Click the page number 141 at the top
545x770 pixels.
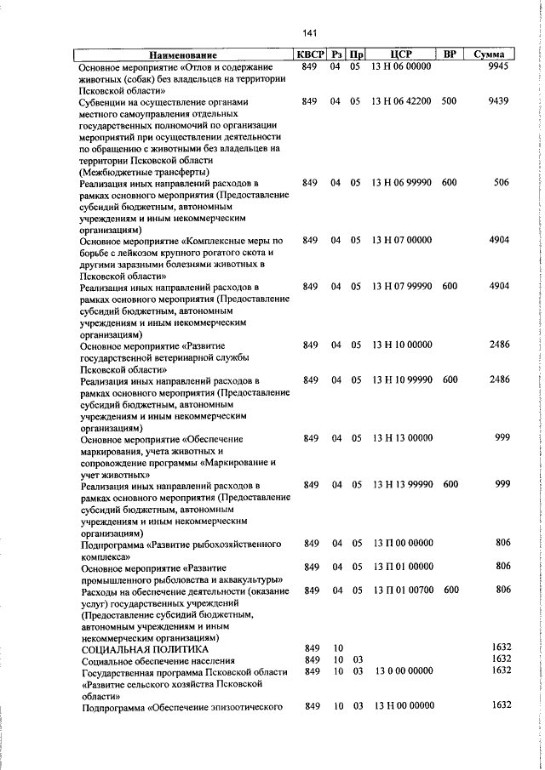coord(309,33)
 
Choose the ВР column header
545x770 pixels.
coord(449,56)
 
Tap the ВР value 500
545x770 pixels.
coord(449,101)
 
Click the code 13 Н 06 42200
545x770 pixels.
coord(402,101)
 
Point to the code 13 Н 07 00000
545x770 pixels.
coord(402,241)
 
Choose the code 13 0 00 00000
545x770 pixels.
coord(402,670)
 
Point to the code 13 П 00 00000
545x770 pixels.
coord(402,543)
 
